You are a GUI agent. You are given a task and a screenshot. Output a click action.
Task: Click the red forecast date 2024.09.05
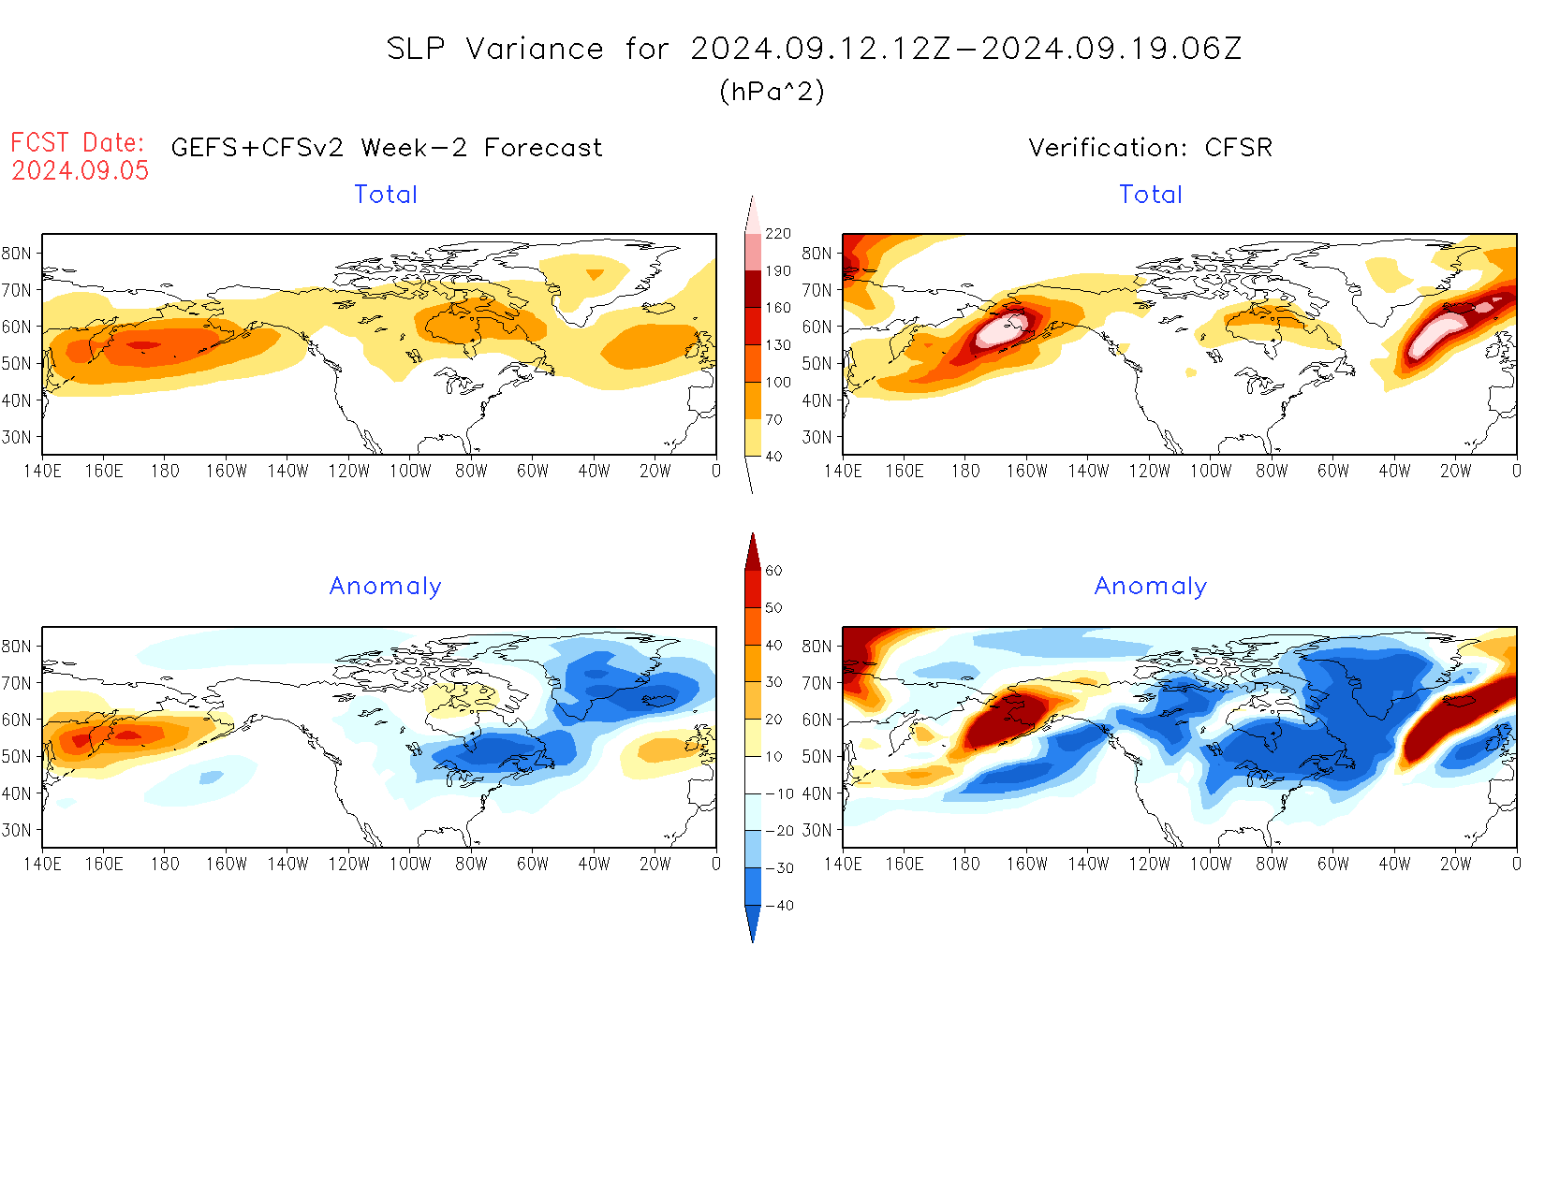(x=81, y=170)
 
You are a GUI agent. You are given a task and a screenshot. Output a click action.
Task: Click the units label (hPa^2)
(x=772, y=91)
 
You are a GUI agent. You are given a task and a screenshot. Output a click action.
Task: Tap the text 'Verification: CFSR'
(x=1150, y=148)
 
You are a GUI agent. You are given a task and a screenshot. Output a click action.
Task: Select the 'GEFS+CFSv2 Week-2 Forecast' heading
(x=387, y=148)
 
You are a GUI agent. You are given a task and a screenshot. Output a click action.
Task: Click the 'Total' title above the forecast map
(x=386, y=195)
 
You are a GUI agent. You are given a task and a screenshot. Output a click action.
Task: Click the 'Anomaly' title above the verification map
(x=1151, y=587)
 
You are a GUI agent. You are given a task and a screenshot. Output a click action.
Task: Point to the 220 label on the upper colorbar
(x=778, y=234)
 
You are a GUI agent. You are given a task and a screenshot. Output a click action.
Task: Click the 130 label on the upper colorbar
(x=778, y=345)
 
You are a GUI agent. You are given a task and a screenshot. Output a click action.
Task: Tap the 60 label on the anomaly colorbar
(x=773, y=571)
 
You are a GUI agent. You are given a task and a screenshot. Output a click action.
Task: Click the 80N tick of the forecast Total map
(x=17, y=254)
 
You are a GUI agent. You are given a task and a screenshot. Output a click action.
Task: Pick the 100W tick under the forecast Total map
(x=410, y=472)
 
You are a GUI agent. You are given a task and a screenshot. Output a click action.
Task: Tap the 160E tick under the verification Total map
(x=905, y=472)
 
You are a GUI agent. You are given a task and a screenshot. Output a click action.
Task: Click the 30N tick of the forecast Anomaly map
(x=17, y=831)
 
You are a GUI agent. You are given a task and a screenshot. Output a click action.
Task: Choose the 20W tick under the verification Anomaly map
(x=1455, y=865)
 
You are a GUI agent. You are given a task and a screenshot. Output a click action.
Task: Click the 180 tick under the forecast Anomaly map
(x=165, y=865)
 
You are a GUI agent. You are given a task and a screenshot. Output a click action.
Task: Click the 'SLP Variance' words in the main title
(x=495, y=49)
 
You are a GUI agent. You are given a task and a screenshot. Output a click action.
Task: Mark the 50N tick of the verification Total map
(x=817, y=364)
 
